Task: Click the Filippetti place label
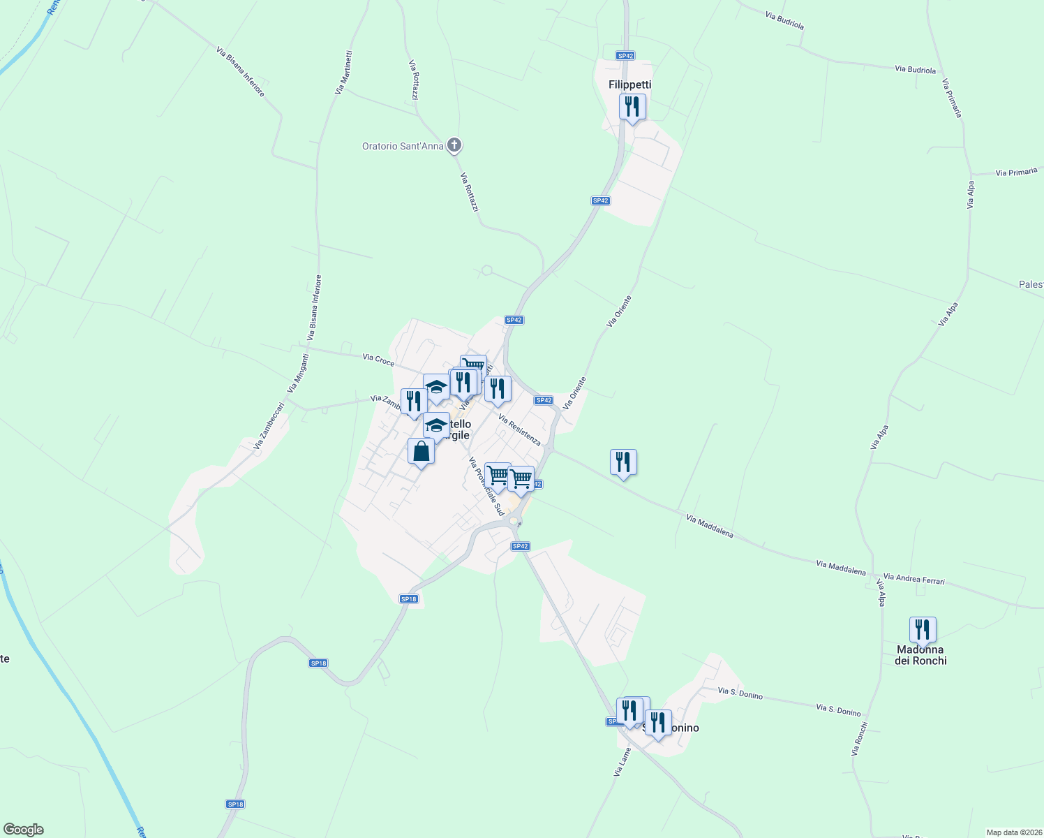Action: [629, 84]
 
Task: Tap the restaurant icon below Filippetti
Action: [632, 108]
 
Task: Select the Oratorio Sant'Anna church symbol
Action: [454, 145]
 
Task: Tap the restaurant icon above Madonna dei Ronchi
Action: [923, 631]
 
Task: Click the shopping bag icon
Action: [421, 452]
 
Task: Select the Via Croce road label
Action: [378, 360]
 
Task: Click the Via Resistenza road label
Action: [519, 429]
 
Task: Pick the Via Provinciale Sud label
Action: [486, 487]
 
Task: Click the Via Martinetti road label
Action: [343, 72]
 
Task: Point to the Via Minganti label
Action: [298, 373]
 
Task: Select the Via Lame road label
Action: [622, 762]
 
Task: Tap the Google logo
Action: [24, 830]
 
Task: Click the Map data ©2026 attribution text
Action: [1013, 832]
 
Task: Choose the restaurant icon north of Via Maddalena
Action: [623, 463]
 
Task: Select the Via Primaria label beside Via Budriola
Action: [952, 98]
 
